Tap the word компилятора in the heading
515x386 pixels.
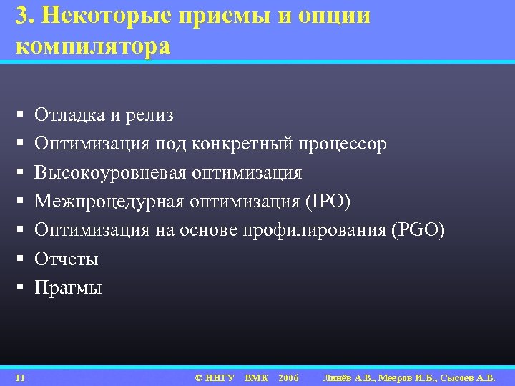(x=92, y=47)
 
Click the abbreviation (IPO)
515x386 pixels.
(x=328, y=202)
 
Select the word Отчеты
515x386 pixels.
(x=67, y=259)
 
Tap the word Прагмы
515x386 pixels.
(x=69, y=288)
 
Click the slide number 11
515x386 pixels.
(x=20, y=377)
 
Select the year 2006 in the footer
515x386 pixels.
(x=288, y=377)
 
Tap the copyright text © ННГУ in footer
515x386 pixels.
(x=215, y=377)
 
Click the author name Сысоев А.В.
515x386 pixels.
(x=473, y=377)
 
